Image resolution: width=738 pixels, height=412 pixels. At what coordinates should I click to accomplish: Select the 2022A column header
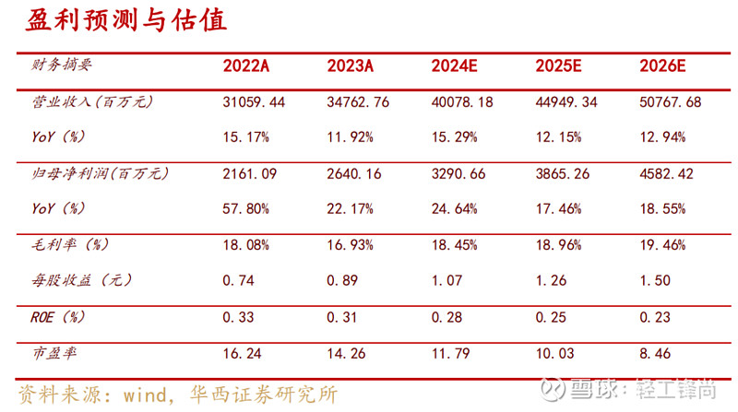[246, 67]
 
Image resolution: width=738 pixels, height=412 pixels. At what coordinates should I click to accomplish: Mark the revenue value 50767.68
[671, 102]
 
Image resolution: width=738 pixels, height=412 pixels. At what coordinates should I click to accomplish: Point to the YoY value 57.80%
[246, 208]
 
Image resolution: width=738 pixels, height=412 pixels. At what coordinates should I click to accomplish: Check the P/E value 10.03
[554, 351]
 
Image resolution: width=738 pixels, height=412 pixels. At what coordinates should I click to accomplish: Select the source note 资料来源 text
[175, 394]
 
